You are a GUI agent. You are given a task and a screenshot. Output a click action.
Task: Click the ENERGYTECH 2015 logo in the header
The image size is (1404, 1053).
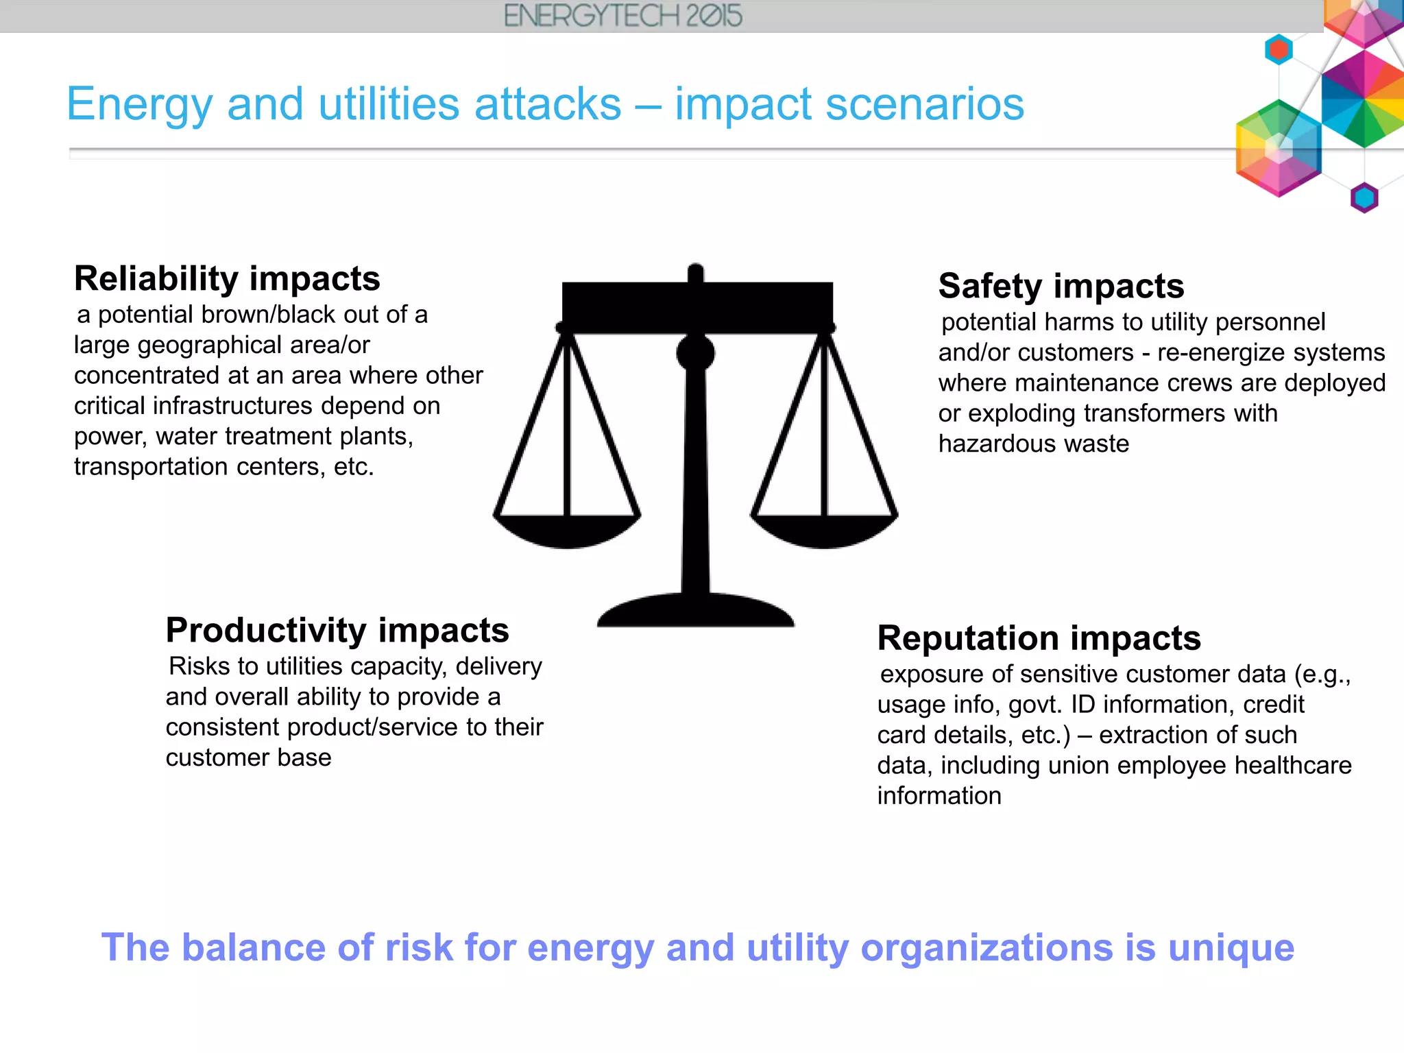tap(622, 16)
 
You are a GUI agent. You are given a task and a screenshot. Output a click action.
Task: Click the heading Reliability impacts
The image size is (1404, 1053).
tap(227, 278)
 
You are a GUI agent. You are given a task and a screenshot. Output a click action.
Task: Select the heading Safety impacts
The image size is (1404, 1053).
tap(1061, 286)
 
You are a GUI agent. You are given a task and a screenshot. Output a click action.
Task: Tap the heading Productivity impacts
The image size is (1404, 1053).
tap(337, 630)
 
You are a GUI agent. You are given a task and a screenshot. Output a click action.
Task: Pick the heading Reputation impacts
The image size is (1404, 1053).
tap(1039, 638)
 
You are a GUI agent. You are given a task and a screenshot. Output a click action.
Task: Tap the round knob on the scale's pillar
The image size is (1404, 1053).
tap(695, 354)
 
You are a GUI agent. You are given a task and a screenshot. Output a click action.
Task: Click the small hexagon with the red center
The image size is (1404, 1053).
tap(1279, 49)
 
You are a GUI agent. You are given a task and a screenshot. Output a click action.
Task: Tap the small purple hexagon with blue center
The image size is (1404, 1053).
tap(1364, 198)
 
